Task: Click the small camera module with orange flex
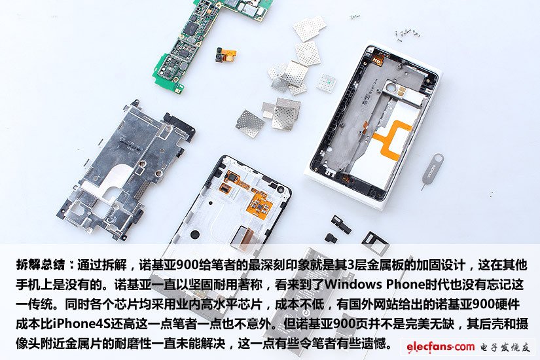tap(224, 55)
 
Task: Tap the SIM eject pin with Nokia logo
tap(431, 171)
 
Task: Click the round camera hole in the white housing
tap(391, 86)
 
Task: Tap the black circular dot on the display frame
tap(195, 234)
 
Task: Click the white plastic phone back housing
tap(372, 124)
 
